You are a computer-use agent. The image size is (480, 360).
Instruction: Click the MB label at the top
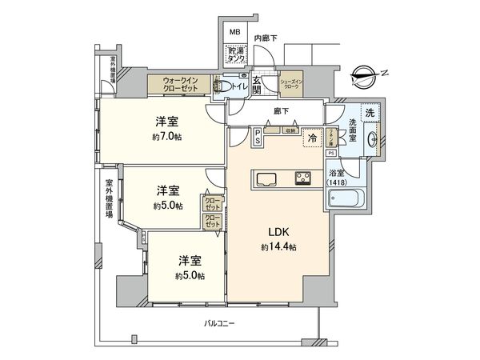(x=234, y=32)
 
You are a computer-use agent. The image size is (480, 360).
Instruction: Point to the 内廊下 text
(x=266, y=38)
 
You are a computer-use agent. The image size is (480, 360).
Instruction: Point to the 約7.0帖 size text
(x=167, y=138)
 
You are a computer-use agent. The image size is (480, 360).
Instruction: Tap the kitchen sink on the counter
(x=266, y=178)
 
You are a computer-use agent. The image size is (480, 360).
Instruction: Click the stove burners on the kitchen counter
(x=303, y=178)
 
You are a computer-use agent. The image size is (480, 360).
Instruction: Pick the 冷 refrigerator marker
(x=311, y=137)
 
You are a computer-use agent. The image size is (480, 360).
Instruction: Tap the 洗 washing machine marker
(x=369, y=114)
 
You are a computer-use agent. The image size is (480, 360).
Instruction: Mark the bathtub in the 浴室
(x=346, y=198)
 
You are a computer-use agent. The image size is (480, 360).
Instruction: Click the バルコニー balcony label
(x=218, y=322)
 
